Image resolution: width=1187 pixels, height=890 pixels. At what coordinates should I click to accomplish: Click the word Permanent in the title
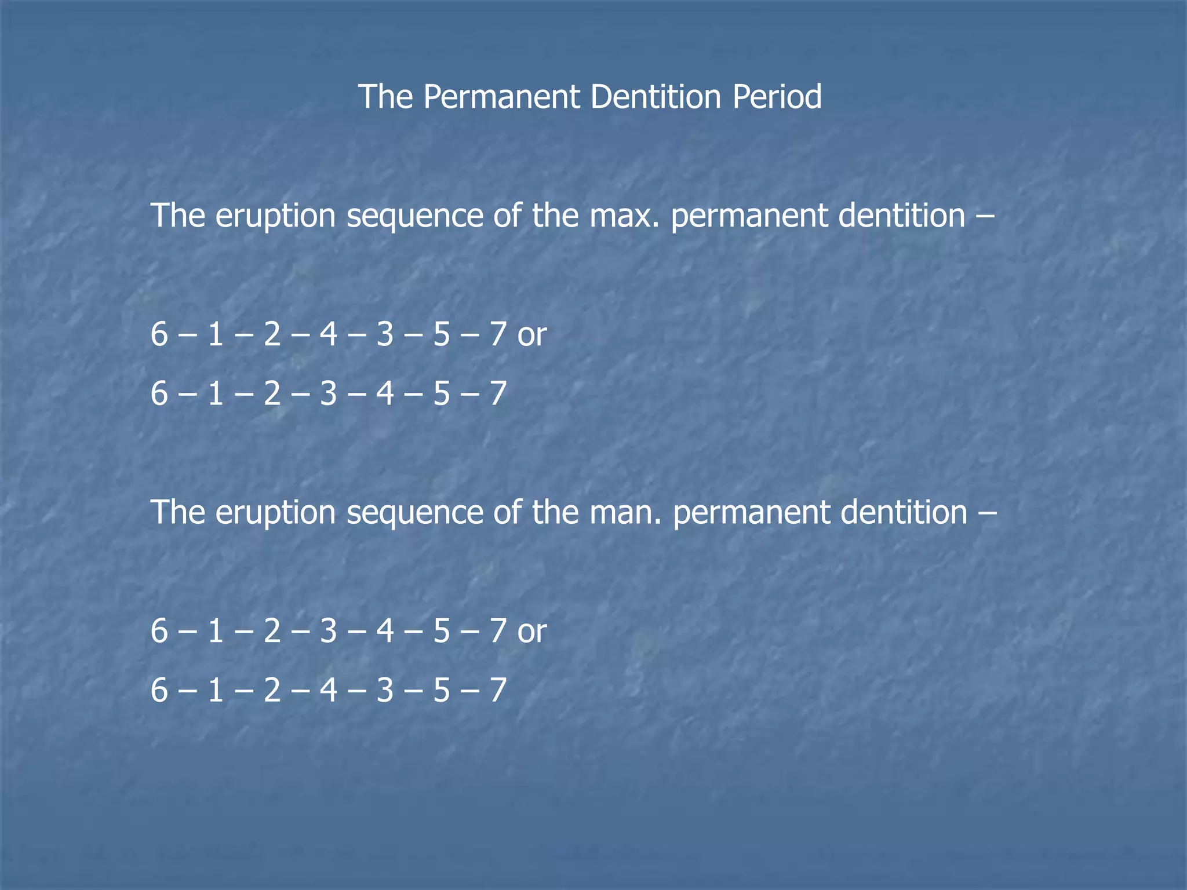[501, 97]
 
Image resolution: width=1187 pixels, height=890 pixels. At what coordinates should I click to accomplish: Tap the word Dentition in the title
[656, 97]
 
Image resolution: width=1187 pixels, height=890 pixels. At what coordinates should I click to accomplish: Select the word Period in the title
[777, 97]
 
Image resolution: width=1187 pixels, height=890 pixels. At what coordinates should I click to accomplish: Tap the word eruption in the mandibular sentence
[276, 514]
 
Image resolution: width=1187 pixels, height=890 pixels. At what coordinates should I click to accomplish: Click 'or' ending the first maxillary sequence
[532, 335]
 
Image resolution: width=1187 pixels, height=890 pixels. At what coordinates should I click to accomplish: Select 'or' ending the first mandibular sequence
[532, 632]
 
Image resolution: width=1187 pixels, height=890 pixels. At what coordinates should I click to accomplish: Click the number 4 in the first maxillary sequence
[329, 335]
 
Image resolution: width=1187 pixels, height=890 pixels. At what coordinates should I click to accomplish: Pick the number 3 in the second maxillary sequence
[329, 394]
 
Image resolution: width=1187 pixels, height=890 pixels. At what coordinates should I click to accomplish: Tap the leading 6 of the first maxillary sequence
[159, 335]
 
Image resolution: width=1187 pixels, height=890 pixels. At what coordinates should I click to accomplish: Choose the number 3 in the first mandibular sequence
[329, 632]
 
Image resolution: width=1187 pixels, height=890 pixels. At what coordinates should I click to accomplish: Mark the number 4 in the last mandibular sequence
[329, 691]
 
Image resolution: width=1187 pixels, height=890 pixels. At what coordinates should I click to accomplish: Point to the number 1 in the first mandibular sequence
[216, 632]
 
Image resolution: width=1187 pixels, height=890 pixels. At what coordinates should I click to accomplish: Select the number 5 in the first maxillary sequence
[442, 335]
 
